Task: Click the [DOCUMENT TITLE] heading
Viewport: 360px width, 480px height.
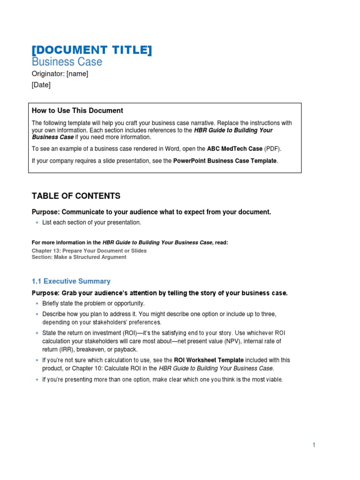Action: (91, 50)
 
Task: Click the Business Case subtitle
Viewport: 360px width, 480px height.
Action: (67, 62)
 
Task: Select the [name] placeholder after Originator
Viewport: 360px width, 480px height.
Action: (77, 74)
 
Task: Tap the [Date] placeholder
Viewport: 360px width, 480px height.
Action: (41, 85)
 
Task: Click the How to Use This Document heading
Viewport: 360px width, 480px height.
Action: (77, 111)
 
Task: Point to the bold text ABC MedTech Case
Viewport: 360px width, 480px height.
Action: (234, 149)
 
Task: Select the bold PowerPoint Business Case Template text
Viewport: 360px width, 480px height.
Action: (225, 161)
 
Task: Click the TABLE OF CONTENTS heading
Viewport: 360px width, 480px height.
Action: (76, 196)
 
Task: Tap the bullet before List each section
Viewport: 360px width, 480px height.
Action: (36, 223)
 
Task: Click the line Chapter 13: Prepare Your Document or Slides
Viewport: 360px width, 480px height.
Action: (89, 251)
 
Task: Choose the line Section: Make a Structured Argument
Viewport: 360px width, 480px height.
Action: (79, 257)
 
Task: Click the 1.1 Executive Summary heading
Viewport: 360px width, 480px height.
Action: (71, 281)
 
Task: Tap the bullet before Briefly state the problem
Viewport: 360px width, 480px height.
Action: (36, 304)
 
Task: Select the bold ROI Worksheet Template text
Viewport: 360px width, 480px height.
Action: (209, 360)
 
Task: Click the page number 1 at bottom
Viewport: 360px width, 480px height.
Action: (314, 445)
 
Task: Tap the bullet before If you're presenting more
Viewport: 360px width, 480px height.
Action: (36, 380)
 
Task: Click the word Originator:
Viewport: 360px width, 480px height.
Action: (48, 74)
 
